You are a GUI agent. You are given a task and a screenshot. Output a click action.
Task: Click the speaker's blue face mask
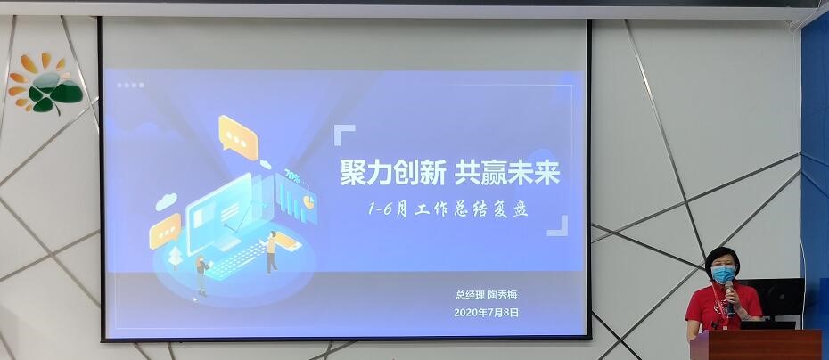[x=722, y=274]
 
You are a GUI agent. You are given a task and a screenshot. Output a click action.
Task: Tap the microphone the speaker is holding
[x=729, y=297]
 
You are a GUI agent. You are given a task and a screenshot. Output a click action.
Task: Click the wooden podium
[x=756, y=344]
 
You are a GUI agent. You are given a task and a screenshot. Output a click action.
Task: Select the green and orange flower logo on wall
[x=45, y=84]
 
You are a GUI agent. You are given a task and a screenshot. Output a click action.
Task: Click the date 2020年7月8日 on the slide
[x=486, y=313]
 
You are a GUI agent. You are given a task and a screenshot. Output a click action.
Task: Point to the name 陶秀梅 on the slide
[x=502, y=295]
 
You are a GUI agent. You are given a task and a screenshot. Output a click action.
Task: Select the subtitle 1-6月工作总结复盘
[x=447, y=210]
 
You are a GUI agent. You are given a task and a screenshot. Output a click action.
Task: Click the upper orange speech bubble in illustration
[x=238, y=137]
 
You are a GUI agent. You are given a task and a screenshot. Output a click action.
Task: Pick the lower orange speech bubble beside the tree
[x=165, y=231]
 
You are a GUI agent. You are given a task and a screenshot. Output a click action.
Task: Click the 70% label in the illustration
[x=291, y=175]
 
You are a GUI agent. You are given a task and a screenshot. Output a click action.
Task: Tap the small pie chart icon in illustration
[x=309, y=202]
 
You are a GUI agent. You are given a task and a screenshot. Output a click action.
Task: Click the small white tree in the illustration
[x=175, y=258]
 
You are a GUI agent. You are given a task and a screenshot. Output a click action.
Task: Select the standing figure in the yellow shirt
[x=271, y=251]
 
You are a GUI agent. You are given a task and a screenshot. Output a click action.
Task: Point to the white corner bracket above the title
[x=344, y=135]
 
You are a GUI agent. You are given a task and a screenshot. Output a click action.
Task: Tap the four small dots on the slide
[x=130, y=86]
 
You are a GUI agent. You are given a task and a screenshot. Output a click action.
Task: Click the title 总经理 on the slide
[x=470, y=295]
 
